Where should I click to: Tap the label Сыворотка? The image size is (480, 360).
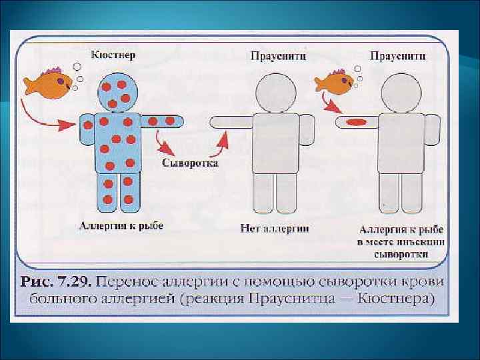point(189,163)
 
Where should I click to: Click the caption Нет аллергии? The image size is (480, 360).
point(274,228)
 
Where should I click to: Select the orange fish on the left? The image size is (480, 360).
point(48,83)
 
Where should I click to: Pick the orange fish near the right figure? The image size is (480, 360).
point(333,82)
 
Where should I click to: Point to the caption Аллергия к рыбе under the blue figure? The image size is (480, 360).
point(108,227)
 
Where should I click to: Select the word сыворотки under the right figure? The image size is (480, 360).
point(397,254)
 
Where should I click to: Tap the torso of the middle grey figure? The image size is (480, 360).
point(276,143)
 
